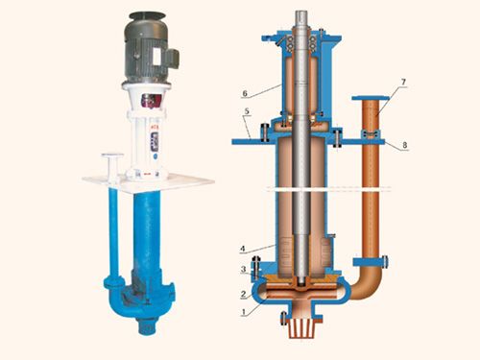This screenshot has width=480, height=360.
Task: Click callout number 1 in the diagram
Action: tap(244, 311)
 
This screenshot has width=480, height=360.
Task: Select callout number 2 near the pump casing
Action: tap(243, 294)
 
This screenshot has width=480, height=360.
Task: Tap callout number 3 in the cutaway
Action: tap(243, 269)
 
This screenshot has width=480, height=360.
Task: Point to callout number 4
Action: tap(243, 249)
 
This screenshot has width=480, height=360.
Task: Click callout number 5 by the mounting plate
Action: tap(247, 111)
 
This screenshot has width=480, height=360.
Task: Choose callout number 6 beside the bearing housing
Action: tap(245, 93)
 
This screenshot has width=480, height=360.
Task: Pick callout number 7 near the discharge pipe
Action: tap(403, 82)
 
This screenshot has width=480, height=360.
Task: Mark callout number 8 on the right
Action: tap(405, 145)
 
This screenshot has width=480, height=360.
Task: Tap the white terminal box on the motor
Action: tap(156, 59)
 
